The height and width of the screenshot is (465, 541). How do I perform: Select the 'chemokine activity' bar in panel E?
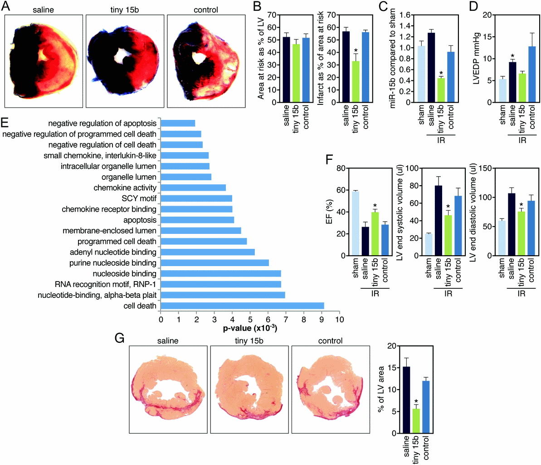(x=193, y=188)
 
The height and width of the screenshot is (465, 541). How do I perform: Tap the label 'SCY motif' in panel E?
(x=139, y=198)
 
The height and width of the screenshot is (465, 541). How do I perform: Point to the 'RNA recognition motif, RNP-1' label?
(x=105, y=284)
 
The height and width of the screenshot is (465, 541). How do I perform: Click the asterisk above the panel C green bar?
(x=441, y=73)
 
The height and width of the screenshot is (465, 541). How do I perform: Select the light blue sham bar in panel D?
(x=502, y=91)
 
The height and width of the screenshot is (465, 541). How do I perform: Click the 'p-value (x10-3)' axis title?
(x=250, y=328)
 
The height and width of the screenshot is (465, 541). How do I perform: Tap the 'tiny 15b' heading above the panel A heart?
(x=123, y=10)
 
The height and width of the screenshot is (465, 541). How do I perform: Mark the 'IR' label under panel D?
(x=522, y=140)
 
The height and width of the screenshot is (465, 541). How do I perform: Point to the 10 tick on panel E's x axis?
(x=339, y=320)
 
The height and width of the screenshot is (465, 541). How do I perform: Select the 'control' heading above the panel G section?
(x=330, y=341)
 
